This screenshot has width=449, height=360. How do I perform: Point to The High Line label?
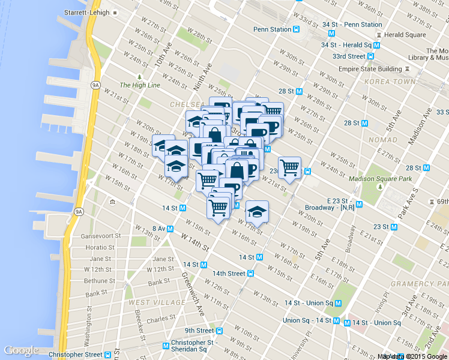tap(140, 85)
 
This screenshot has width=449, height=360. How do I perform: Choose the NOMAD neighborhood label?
tap(384, 140)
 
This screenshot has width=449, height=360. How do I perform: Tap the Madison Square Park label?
tap(380, 178)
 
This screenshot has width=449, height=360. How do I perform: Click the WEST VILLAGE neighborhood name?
tap(148, 302)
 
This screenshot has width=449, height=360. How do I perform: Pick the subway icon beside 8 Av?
tap(170, 229)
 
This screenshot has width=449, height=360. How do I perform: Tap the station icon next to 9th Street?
tap(220, 331)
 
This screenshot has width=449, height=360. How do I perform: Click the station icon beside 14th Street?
tap(250, 274)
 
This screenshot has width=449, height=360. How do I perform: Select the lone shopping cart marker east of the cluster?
tap(289, 167)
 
